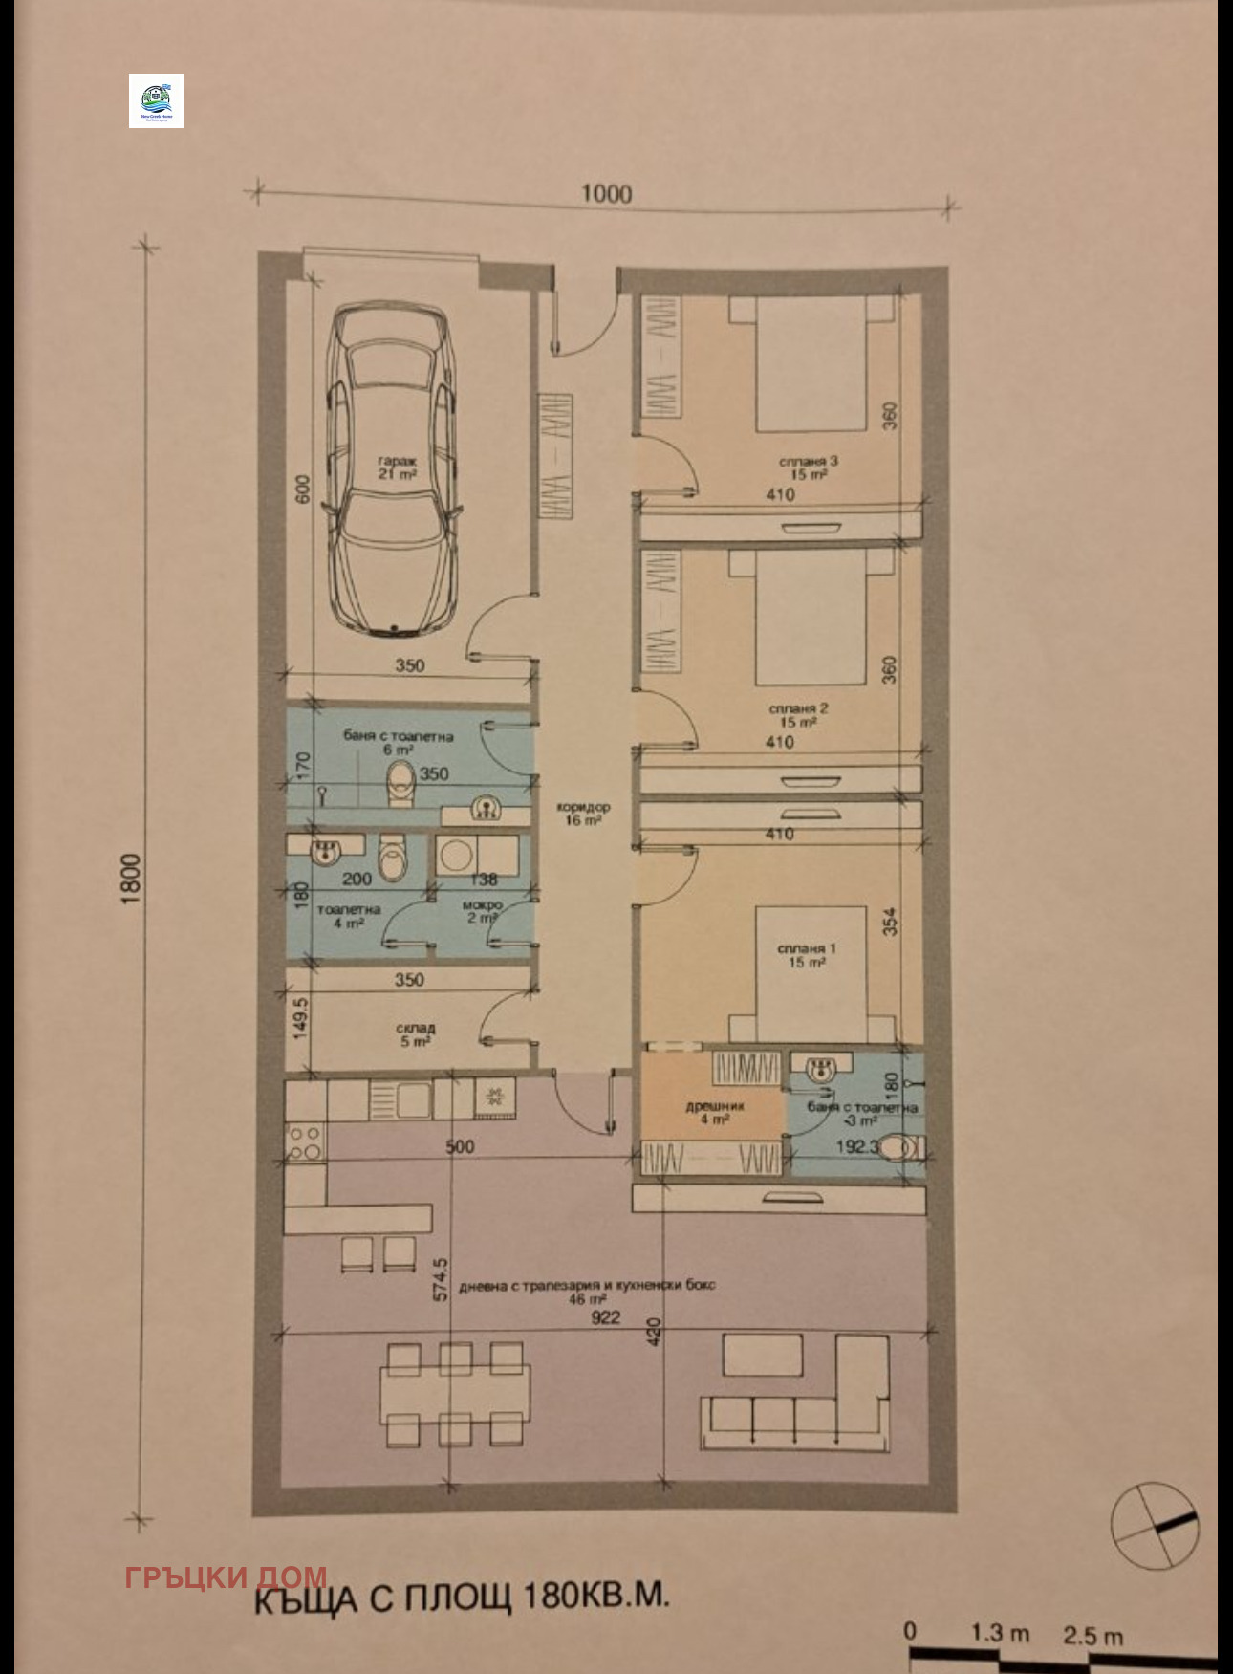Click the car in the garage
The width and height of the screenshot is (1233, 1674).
coord(392,468)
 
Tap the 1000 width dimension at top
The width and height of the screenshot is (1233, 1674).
coord(606,194)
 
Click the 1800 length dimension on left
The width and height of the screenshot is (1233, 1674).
coord(131,879)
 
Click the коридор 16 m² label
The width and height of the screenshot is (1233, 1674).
coord(582,814)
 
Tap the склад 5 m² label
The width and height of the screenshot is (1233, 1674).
coord(416,1034)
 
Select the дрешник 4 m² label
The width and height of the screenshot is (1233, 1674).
coord(715,1112)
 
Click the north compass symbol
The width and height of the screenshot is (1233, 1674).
coord(1155,1525)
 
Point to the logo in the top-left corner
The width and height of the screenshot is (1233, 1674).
coord(156,101)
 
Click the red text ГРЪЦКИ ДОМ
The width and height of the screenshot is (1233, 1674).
coord(226,1576)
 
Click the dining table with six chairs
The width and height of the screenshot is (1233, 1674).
coord(455,1394)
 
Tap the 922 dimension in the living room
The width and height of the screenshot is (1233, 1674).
coord(605,1317)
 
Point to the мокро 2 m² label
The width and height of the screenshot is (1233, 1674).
coord(482,911)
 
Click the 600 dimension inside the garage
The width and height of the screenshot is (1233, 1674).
coord(303,489)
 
